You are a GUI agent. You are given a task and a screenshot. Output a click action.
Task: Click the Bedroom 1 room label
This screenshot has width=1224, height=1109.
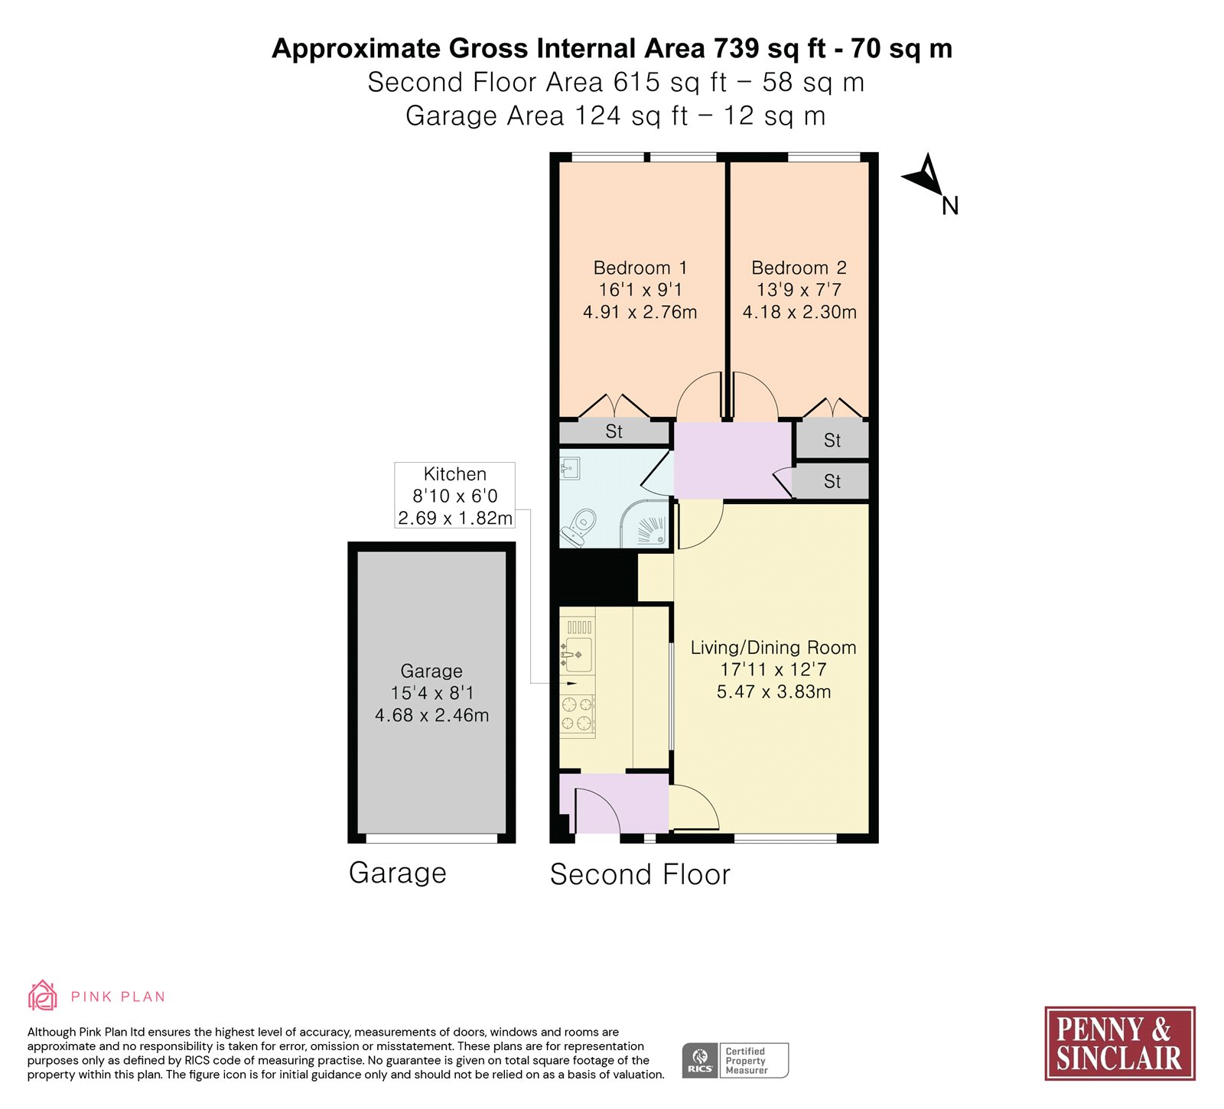pos(640,268)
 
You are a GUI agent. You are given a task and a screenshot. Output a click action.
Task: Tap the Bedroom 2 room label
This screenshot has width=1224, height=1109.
pos(799,268)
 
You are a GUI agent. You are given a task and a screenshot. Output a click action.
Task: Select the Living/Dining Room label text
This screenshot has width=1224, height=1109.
pos(773,648)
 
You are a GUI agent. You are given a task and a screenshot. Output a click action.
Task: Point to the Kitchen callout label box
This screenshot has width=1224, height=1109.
pos(455,496)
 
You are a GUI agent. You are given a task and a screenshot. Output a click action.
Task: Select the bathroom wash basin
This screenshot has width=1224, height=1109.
pos(570,468)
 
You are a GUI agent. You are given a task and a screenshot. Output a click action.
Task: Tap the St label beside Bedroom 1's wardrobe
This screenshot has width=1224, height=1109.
pos(614,431)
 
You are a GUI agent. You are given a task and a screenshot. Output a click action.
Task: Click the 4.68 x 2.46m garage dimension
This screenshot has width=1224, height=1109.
pos(431,715)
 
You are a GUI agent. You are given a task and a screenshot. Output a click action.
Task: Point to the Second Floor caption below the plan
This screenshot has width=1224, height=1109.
pos(640,874)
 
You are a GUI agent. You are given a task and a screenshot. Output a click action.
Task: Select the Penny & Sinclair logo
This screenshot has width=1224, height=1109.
pos(1119,1042)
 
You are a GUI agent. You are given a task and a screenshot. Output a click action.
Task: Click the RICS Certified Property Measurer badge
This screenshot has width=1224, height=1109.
pos(735,1060)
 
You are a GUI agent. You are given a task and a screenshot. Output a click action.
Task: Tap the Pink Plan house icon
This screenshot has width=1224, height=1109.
pos(43,995)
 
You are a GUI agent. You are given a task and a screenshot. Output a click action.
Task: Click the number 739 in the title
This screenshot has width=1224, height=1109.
pos(737,48)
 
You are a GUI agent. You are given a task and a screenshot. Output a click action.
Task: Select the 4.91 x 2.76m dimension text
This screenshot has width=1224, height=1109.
pos(640,312)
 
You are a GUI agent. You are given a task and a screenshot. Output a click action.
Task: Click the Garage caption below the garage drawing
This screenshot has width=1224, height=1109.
pos(398,873)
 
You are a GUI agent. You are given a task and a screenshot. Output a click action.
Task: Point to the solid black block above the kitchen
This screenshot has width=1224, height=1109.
pos(594,577)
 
